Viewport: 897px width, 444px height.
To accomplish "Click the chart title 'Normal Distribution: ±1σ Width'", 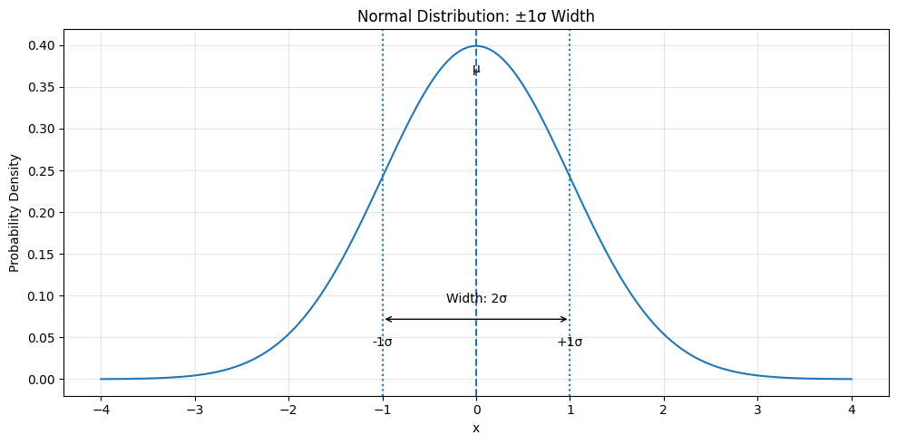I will (476, 16).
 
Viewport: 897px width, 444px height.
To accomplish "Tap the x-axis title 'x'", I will (476, 428).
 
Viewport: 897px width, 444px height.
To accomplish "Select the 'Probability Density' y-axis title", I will (15, 213).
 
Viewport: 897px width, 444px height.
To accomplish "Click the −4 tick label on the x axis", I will (101, 409).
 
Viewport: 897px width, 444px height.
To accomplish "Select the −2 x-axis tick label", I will (288, 409).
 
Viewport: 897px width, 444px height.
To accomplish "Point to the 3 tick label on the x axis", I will (757, 409).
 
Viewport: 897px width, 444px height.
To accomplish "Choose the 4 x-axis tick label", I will (852, 409).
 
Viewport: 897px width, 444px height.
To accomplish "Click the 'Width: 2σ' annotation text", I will (476, 299).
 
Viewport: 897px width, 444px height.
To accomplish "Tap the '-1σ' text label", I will (383, 343).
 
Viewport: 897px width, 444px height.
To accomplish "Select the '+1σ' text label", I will (570, 343).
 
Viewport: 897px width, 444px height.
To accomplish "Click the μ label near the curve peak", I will (476, 70).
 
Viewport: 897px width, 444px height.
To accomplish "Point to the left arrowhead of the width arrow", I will (385, 319).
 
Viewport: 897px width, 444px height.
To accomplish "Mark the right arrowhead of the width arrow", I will (567, 319).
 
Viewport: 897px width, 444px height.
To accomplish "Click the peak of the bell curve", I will (476, 46).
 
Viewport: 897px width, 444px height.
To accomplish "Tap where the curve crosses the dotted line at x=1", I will (570, 178).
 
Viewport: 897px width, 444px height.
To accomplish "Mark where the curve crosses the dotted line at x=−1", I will (383, 178).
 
